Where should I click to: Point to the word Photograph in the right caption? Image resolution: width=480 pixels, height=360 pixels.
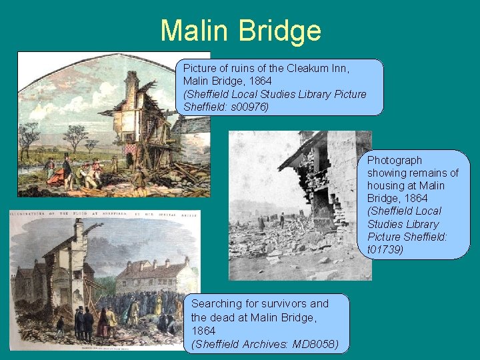[x=395, y=160]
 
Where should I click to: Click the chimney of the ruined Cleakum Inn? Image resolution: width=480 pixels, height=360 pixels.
[x=132, y=83]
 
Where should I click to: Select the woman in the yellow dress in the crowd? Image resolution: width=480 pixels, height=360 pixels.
[x=159, y=307]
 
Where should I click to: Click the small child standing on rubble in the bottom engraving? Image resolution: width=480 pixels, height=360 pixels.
[x=60, y=325]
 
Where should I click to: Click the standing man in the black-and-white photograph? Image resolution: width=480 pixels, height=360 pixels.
[x=282, y=219]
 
